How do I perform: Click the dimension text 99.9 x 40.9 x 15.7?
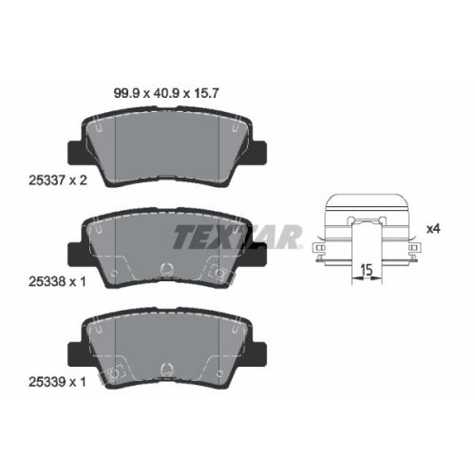click(166, 93)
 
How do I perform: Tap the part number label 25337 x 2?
click(58, 180)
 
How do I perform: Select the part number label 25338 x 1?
click(57, 281)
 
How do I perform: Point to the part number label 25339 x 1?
click(57, 382)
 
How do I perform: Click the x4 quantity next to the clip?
click(433, 229)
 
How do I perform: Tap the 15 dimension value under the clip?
click(367, 270)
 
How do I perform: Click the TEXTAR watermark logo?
click(237, 237)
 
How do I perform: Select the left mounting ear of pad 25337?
click(75, 153)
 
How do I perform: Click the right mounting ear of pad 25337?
click(259, 153)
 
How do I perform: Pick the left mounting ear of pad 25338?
click(75, 254)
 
